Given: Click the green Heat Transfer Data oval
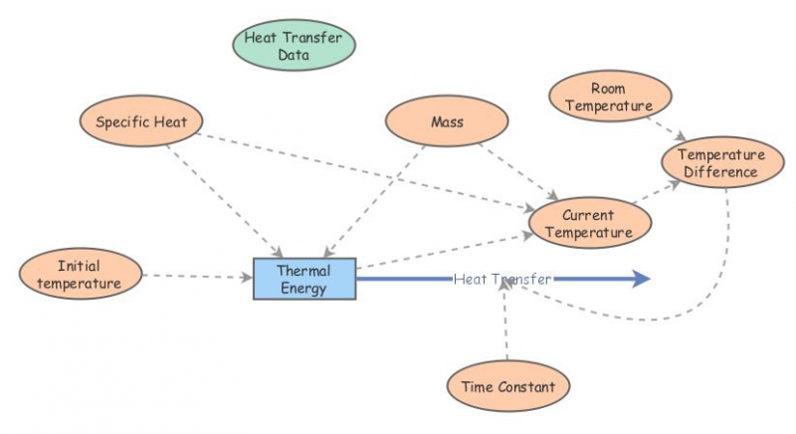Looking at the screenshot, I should [x=294, y=46].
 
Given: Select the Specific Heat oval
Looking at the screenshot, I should [x=141, y=122].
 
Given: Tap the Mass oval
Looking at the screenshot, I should [x=447, y=122].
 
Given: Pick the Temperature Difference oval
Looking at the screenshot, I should [x=721, y=163].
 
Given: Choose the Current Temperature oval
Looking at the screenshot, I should [x=589, y=224].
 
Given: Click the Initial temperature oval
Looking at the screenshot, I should [x=79, y=274].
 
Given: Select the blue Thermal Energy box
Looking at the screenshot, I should [x=303, y=279].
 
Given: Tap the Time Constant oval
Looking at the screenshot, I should [x=509, y=385].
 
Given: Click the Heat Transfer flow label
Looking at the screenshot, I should [x=501, y=280].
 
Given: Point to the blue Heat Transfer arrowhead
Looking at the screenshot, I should [x=637, y=280].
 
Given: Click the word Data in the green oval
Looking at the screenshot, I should [x=294, y=56].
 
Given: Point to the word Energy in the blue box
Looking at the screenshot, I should [x=303, y=289].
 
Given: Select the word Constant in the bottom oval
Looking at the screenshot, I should [x=527, y=385].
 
